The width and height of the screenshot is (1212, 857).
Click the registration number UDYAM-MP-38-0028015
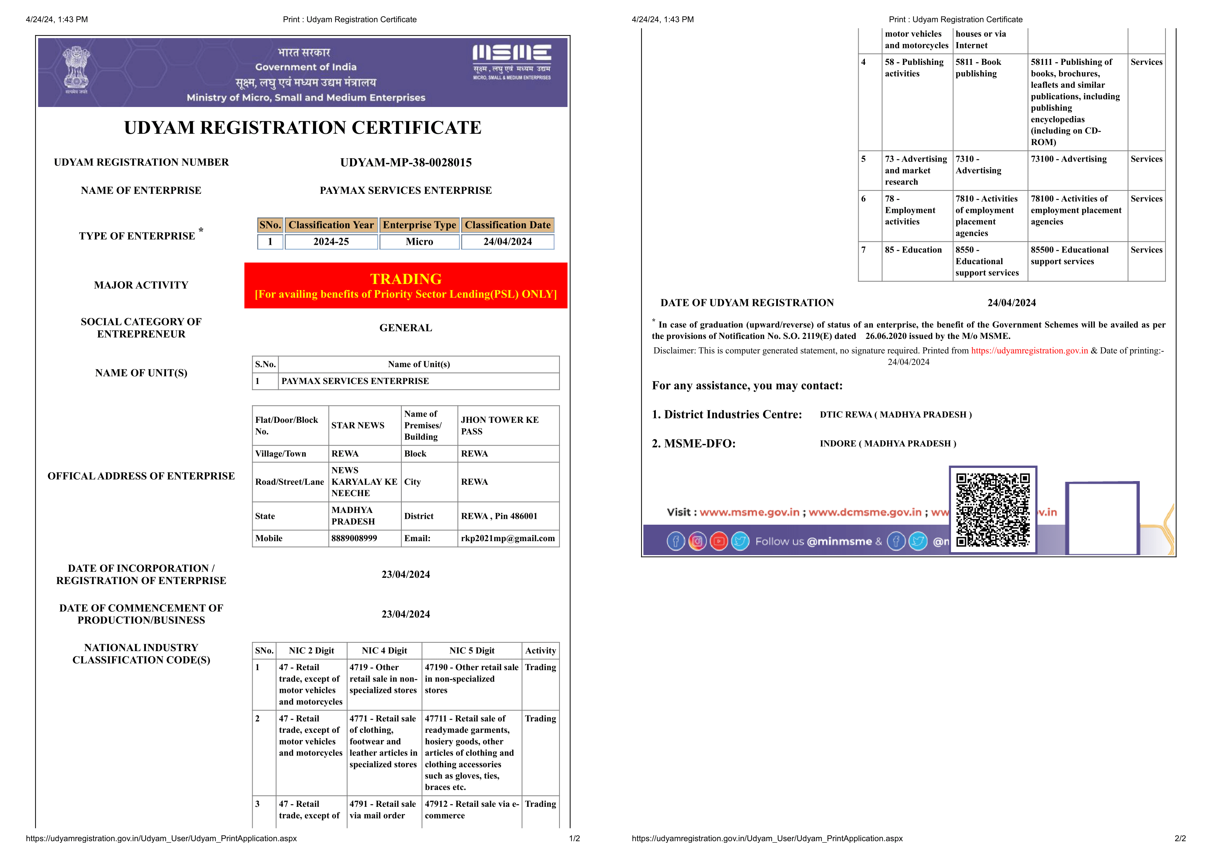click(x=405, y=163)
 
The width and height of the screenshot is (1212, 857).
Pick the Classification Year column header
click(x=331, y=225)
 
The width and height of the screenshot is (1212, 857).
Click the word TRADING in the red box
click(x=405, y=278)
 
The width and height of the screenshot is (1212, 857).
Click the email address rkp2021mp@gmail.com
click(x=507, y=538)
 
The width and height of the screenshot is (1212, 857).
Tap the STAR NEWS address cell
click(x=358, y=425)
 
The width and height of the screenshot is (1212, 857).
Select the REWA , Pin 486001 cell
click(x=499, y=516)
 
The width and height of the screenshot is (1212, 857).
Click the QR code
click(x=992, y=510)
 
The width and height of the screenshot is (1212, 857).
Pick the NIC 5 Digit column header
click(x=472, y=651)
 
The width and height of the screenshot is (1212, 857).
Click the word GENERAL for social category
click(x=405, y=328)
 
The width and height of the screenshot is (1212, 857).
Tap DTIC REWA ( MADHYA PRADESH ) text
click(x=895, y=415)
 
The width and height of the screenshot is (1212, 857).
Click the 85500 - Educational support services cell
click(x=1069, y=255)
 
